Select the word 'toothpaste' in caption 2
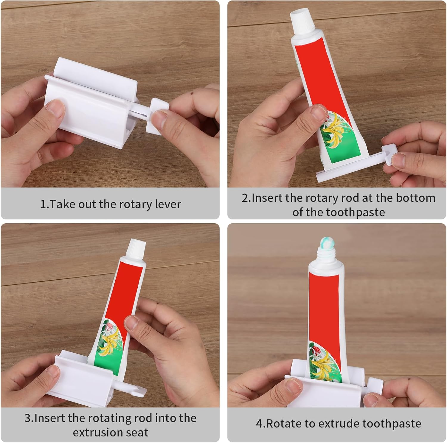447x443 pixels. pyautogui.click(x=356, y=213)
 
